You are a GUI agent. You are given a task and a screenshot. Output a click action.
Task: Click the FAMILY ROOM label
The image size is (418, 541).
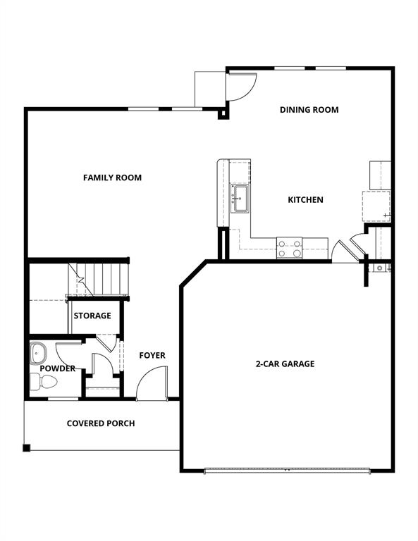pyautogui.click(x=112, y=178)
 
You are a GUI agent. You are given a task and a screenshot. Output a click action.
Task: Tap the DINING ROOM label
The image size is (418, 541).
pyautogui.click(x=309, y=110)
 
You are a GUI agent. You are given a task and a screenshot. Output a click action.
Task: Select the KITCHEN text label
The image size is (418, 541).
pyautogui.click(x=305, y=200)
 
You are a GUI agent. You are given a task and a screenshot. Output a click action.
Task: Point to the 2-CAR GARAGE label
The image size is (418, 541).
pyautogui.click(x=285, y=363)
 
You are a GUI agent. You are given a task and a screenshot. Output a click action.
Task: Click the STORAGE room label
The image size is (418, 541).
pyautogui.click(x=92, y=316)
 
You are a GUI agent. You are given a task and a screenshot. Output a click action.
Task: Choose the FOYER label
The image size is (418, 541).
pyautogui.click(x=152, y=355)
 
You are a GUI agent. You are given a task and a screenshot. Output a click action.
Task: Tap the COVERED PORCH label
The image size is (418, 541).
pyautogui.click(x=101, y=423)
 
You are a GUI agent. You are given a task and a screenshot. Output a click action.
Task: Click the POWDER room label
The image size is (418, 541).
pyautogui.click(x=58, y=368)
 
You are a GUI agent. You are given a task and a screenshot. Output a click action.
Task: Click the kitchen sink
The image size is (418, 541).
pyautogui.click(x=240, y=199)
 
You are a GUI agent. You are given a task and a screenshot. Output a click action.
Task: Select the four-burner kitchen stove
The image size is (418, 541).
pyautogui.click(x=289, y=248)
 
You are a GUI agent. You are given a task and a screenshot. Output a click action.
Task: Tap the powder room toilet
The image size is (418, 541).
pyautogui.click(x=44, y=382)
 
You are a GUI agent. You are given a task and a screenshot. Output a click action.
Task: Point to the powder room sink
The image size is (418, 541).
pyautogui.click(x=38, y=353)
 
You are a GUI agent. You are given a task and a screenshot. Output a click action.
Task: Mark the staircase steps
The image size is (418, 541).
pyautogui.click(x=99, y=280)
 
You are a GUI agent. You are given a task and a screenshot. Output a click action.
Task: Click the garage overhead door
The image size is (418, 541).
pyautogui.click(x=287, y=471)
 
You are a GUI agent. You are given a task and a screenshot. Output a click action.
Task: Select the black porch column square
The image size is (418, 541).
pyautogui.click(x=27, y=448)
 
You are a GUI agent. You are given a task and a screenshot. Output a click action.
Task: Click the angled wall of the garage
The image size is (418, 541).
pyautogui.click(x=194, y=273)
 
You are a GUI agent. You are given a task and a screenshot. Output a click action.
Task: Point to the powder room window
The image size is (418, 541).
pyautogui.click(x=63, y=399)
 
